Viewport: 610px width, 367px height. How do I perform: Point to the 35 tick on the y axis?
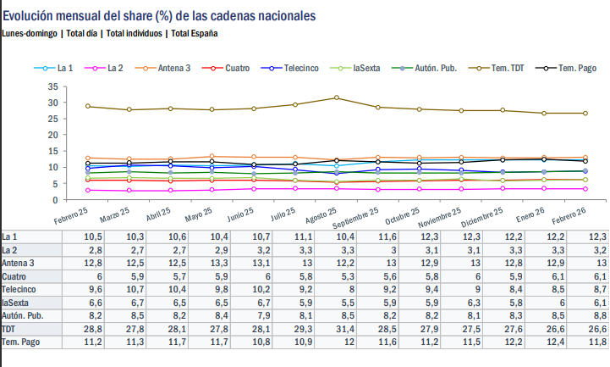click(52, 86)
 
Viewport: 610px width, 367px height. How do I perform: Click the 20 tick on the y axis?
click(52, 135)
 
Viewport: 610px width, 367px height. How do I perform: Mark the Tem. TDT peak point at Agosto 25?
click(337, 97)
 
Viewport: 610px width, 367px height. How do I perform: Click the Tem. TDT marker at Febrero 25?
click(88, 106)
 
